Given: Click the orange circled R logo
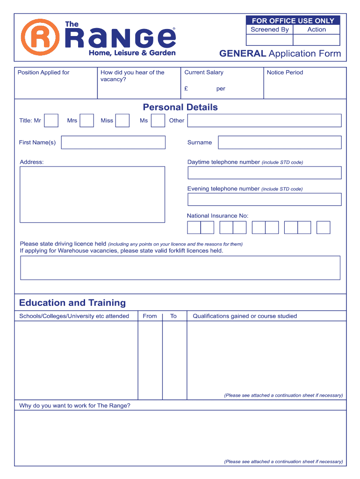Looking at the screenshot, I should coord(40,37).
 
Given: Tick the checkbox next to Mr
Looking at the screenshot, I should coord(51,121).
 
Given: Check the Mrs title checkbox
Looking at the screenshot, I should coord(86,121).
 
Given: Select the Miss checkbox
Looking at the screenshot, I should coord(122,121).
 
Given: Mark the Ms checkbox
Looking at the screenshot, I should coord(158,121).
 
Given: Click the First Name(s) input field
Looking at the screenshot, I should coord(113,142).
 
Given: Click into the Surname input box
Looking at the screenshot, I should coord(280,142).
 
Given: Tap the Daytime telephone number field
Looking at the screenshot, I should coord(264,173).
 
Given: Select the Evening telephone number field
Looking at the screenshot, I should coord(264,199).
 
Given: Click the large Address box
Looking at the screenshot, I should coord(92,194).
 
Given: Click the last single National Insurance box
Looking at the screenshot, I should coord(323,227).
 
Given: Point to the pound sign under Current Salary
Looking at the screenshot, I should coord(186,88).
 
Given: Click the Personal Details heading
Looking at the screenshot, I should coord(180,107).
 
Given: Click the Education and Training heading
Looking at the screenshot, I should coord(72,303).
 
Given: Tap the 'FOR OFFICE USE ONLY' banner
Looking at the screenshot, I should coord(293,21).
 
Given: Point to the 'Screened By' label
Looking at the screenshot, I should coord(270,29).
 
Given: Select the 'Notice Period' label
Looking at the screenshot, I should coord(285,73).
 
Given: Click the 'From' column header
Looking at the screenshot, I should coord(150,316).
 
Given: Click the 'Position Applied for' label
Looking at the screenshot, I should coord(43,73).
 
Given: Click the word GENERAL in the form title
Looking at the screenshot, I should coord(243,54).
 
